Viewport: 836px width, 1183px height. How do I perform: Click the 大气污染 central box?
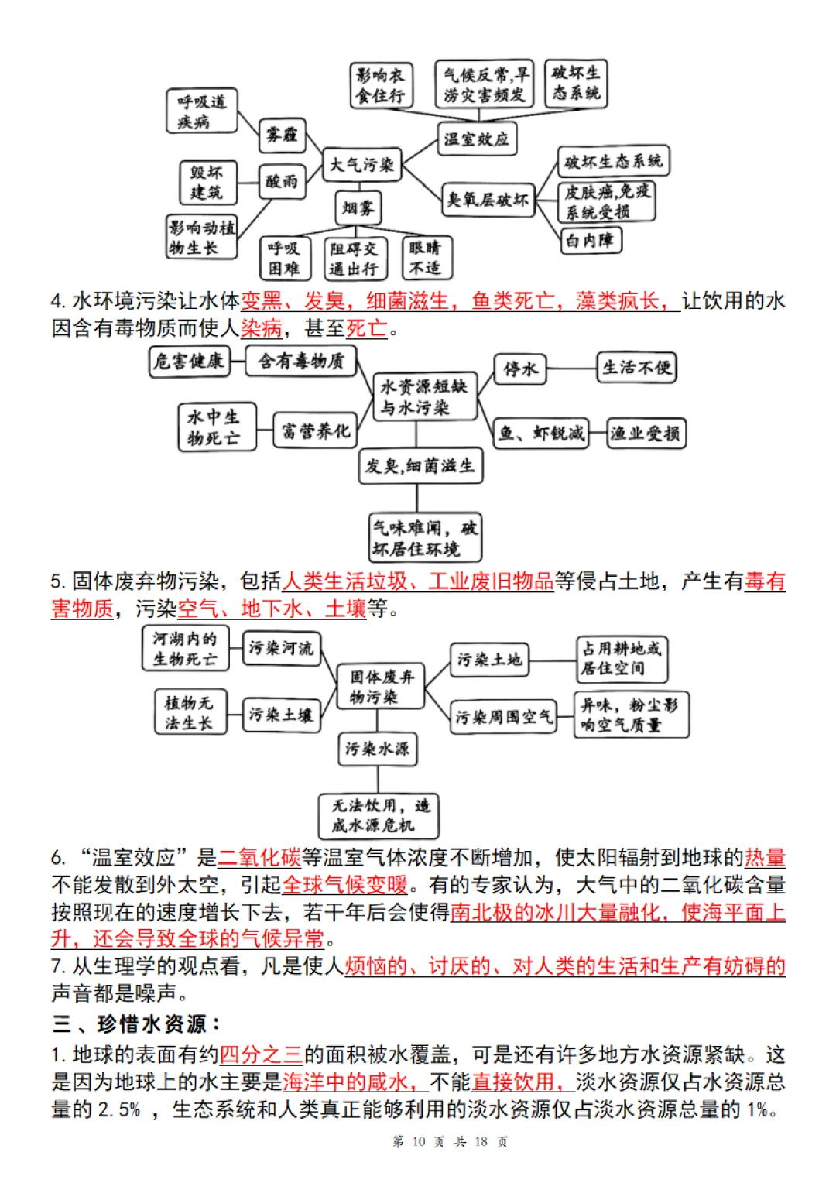(x=361, y=165)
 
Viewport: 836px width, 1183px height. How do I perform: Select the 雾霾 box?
(x=282, y=135)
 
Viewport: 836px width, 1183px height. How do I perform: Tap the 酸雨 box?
(x=282, y=181)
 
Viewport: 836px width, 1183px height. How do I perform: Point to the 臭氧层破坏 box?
(x=488, y=200)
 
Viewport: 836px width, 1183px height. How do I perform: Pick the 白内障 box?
(x=590, y=240)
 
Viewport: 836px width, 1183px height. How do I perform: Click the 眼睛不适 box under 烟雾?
(x=426, y=258)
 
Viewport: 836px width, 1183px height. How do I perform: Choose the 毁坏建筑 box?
(x=207, y=182)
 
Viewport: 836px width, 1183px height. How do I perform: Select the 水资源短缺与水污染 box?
(x=424, y=397)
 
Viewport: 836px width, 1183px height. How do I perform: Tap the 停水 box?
(x=520, y=369)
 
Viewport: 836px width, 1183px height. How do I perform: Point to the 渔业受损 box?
(x=646, y=434)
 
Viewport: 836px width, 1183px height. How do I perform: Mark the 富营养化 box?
(x=315, y=431)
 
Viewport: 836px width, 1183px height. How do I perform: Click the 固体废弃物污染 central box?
(x=381, y=687)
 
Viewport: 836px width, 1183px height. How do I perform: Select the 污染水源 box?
(x=377, y=749)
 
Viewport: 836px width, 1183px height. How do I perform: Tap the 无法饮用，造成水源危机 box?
(x=379, y=815)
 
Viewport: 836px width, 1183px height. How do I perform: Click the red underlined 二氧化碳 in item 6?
(x=259, y=858)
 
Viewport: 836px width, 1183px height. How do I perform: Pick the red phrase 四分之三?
(x=261, y=1054)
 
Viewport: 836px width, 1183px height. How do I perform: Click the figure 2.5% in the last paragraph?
(x=119, y=1110)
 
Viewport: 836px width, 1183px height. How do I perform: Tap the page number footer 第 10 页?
(x=418, y=1141)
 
